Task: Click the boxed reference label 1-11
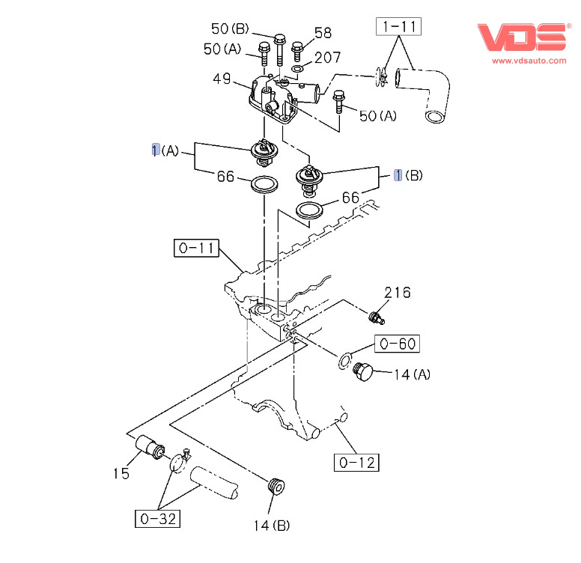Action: pos(398,28)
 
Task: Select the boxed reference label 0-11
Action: pos(196,248)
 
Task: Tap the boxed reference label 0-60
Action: pos(397,344)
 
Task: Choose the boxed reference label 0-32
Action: pos(157,517)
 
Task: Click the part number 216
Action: pos(397,292)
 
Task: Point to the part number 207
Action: pos(327,58)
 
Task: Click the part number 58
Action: pos(322,32)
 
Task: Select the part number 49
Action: pos(221,77)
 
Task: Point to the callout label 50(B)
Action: pos(230,29)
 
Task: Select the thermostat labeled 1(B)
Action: pos(308,180)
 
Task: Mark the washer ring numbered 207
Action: pos(297,70)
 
